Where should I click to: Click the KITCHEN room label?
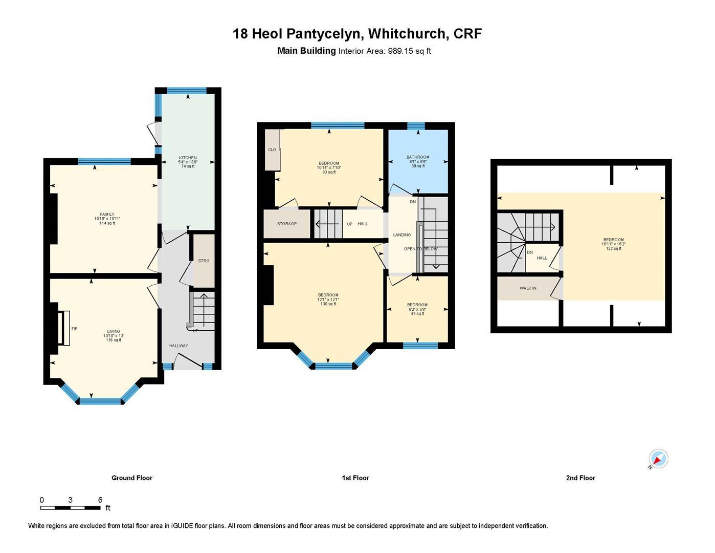188,158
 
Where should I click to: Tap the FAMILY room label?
107,215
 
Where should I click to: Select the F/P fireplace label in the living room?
74,329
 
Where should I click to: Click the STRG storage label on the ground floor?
204,261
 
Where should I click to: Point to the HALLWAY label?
178,346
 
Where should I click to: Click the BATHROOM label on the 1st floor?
418,157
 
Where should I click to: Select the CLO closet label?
272,150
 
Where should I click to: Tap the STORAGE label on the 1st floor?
287,224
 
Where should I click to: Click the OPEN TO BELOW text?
420,249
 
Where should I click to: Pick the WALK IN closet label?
528,288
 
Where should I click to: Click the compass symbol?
658,459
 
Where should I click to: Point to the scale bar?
71,508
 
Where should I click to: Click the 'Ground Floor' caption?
132,478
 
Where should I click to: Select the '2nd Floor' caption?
580,478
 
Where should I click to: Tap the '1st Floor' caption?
355,478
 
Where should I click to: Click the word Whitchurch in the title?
407,34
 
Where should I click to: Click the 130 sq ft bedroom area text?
328,304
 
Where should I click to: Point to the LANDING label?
402,235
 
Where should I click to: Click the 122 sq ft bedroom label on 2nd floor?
613,248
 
